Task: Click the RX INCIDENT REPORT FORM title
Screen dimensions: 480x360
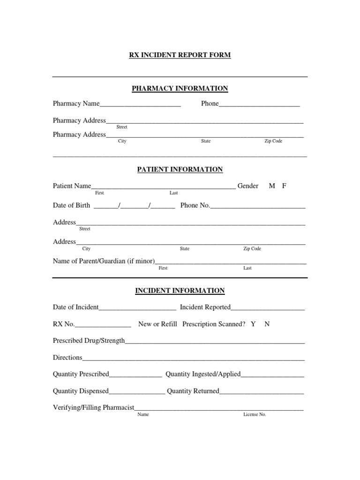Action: click(180, 55)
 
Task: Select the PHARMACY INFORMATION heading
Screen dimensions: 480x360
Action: click(180, 89)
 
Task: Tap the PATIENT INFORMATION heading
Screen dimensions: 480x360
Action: click(180, 170)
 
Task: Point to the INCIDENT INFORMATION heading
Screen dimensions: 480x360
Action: click(180, 291)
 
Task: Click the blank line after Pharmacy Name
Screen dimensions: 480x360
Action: click(140, 105)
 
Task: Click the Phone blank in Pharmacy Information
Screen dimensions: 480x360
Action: click(259, 105)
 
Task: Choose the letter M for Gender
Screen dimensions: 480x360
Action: click(272, 186)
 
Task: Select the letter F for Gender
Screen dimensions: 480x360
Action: click(284, 186)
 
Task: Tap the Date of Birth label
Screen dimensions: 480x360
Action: click(71, 205)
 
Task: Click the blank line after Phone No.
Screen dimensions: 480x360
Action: click(258, 206)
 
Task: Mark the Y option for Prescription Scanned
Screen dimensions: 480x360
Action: click(253, 324)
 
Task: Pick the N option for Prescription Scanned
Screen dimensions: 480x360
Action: click(267, 324)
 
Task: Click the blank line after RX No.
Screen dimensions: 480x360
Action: click(103, 325)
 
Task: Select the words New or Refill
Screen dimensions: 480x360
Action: click(157, 324)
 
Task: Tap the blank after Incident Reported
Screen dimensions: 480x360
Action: click(268, 308)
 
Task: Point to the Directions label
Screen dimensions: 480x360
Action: click(67, 358)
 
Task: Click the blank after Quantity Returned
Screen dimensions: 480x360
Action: click(262, 392)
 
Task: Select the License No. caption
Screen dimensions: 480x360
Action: click(255, 415)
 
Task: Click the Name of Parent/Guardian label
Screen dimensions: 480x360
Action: click(104, 261)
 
